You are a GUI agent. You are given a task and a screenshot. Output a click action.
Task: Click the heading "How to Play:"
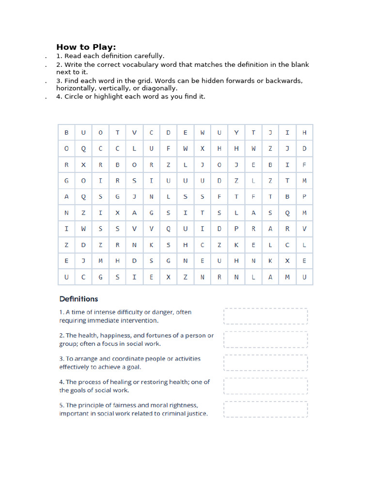click(x=86, y=47)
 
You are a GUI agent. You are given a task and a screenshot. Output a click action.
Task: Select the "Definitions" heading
click(x=78, y=299)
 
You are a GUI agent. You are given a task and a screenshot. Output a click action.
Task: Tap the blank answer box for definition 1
click(x=265, y=316)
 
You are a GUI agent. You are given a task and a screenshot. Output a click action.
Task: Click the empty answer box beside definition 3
click(x=265, y=363)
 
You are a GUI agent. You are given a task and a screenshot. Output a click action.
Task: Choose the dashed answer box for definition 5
click(x=265, y=409)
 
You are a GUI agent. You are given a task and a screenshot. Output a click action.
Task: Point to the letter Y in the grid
click(x=236, y=133)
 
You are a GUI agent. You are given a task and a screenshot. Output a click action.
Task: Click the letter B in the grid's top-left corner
click(x=66, y=133)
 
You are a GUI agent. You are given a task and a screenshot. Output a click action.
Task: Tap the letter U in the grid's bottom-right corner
click(x=304, y=277)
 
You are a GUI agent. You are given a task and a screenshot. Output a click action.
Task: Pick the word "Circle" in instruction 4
click(x=75, y=96)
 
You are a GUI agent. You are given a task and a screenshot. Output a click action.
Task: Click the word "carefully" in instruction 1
click(x=148, y=56)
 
